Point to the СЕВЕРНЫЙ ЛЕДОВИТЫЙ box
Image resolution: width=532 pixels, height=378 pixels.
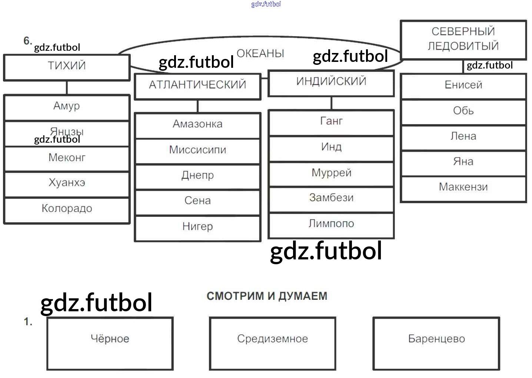[x=463, y=39]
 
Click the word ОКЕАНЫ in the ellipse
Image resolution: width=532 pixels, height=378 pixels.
[x=260, y=53]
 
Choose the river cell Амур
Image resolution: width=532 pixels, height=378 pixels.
[x=67, y=107]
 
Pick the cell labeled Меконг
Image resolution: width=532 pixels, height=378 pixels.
[x=67, y=159]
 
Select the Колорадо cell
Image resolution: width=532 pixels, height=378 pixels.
[x=67, y=210]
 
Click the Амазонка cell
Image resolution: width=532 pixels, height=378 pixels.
[x=197, y=125]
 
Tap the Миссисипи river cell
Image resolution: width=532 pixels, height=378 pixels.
[x=197, y=151]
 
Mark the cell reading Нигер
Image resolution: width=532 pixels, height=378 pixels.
[x=197, y=228]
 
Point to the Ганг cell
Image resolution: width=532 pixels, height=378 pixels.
[x=331, y=122]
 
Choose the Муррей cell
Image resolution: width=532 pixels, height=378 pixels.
[x=331, y=174]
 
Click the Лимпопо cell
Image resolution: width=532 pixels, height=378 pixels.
[x=331, y=225]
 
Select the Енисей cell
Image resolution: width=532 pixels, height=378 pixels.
[x=463, y=86]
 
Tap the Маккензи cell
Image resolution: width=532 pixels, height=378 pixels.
[x=463, y=188]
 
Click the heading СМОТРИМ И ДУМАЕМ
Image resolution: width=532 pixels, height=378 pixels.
[x=267, y=296]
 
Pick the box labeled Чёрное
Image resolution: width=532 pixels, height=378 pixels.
[x=110, y=343]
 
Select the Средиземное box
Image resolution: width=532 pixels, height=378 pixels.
[x=272, y=343]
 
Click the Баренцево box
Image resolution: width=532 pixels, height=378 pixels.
[x=436, y=343]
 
